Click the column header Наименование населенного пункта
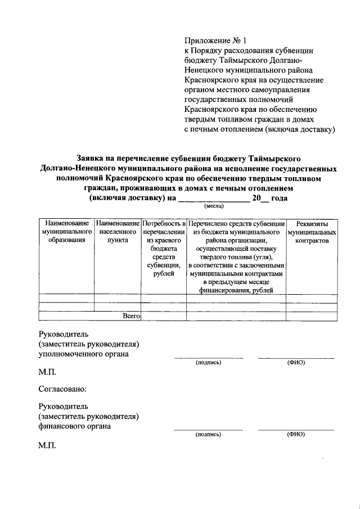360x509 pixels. click(118, 232)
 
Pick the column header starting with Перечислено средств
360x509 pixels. click(236, 256)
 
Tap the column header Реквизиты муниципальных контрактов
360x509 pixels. click(312, 232)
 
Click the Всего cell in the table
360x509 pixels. click(131, 317)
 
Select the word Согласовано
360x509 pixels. click(62, 388)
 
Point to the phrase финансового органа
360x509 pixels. click(74, 426)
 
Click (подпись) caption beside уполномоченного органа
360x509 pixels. click(208, 363)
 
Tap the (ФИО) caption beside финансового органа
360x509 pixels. click(296, 435)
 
